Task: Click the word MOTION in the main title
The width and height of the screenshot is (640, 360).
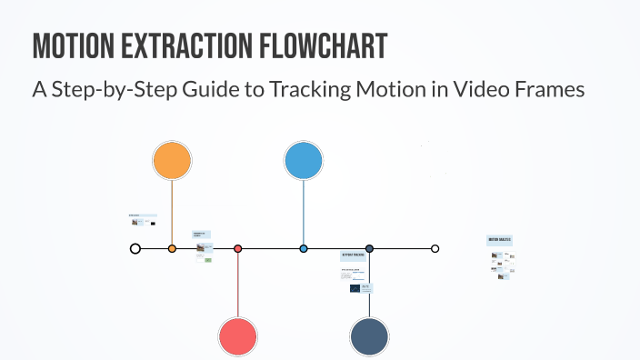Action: (x=75, y=45)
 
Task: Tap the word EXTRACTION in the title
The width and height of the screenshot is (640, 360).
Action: (x=185, y=45)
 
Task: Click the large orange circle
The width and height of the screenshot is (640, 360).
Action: (x=172, y=161)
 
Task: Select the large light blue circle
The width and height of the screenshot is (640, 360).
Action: (x=304, y=161)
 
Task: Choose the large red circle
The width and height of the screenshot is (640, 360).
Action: (x=238, y=335)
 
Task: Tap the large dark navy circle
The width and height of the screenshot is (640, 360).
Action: (x=369, y=335)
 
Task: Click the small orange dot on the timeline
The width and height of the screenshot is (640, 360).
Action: (x=172, y=248)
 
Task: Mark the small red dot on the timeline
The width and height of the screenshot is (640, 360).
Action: (x=238, y=248)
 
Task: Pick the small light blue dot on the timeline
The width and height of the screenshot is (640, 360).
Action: (x=304, y=248)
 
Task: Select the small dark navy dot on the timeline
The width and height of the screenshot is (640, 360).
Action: (x=369, y=248)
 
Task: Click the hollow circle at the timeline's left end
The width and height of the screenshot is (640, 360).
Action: (x=135, y=248)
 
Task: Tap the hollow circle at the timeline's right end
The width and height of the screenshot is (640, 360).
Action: (x=435, y=248)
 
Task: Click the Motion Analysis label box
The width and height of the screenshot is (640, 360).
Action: (x=500, y=240)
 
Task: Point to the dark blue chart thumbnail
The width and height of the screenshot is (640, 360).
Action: (x=355, y=288)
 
